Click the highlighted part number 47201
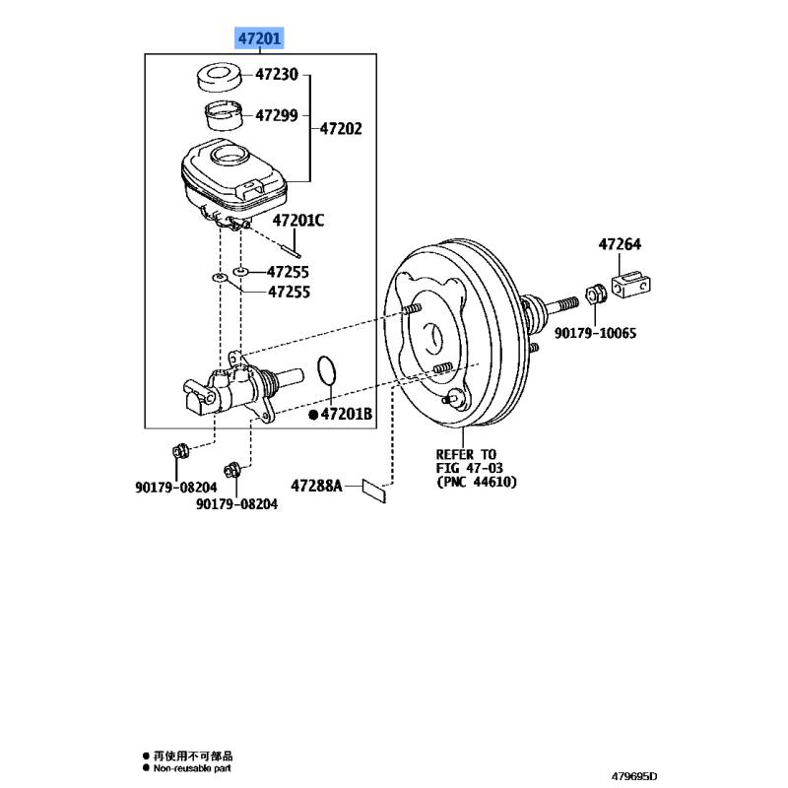[x=258, y=39]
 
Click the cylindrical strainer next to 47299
[x=223, y=114]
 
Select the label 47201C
[x=297, y=221]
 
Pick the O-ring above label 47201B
[x=329, y=373]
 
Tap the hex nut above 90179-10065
[x=594, y=294]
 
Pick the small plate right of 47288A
[x=374, y=489]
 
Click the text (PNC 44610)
[x=477, y=482]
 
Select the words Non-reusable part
[x=193, y=766]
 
